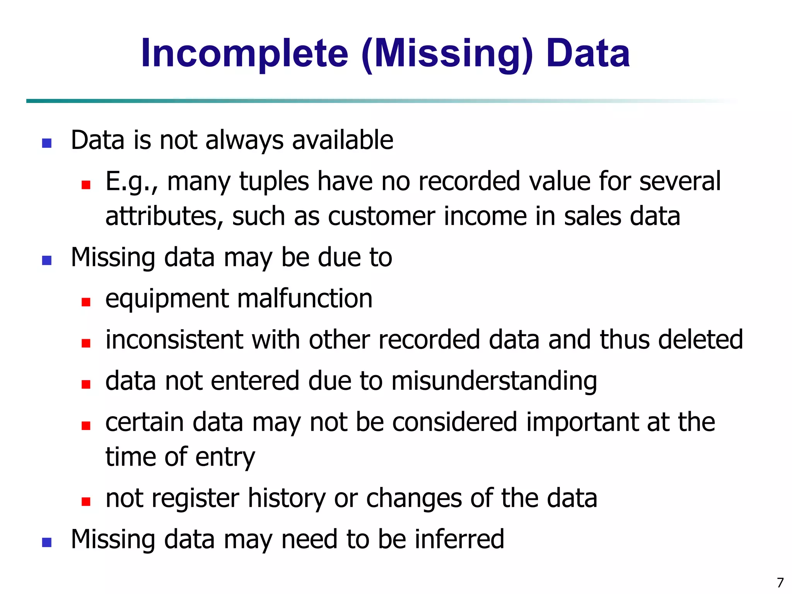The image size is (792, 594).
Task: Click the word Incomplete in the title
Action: point(244,53)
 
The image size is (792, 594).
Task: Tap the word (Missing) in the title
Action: point(447,53)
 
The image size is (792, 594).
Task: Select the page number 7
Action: point(780,582)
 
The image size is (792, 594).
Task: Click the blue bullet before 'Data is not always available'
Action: point(47,143)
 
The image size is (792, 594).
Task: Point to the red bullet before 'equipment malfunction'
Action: point(86,302)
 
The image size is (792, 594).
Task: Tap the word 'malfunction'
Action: point(305,299)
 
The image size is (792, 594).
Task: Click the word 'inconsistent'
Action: point(174,340)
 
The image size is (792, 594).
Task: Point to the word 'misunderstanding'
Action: point(494,381)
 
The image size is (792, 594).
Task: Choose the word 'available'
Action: point(343,140)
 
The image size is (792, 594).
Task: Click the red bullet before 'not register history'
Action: point(86,502)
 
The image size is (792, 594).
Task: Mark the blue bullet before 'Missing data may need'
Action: point(47,543)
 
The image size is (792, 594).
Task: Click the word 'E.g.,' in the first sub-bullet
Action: point(131,181)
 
